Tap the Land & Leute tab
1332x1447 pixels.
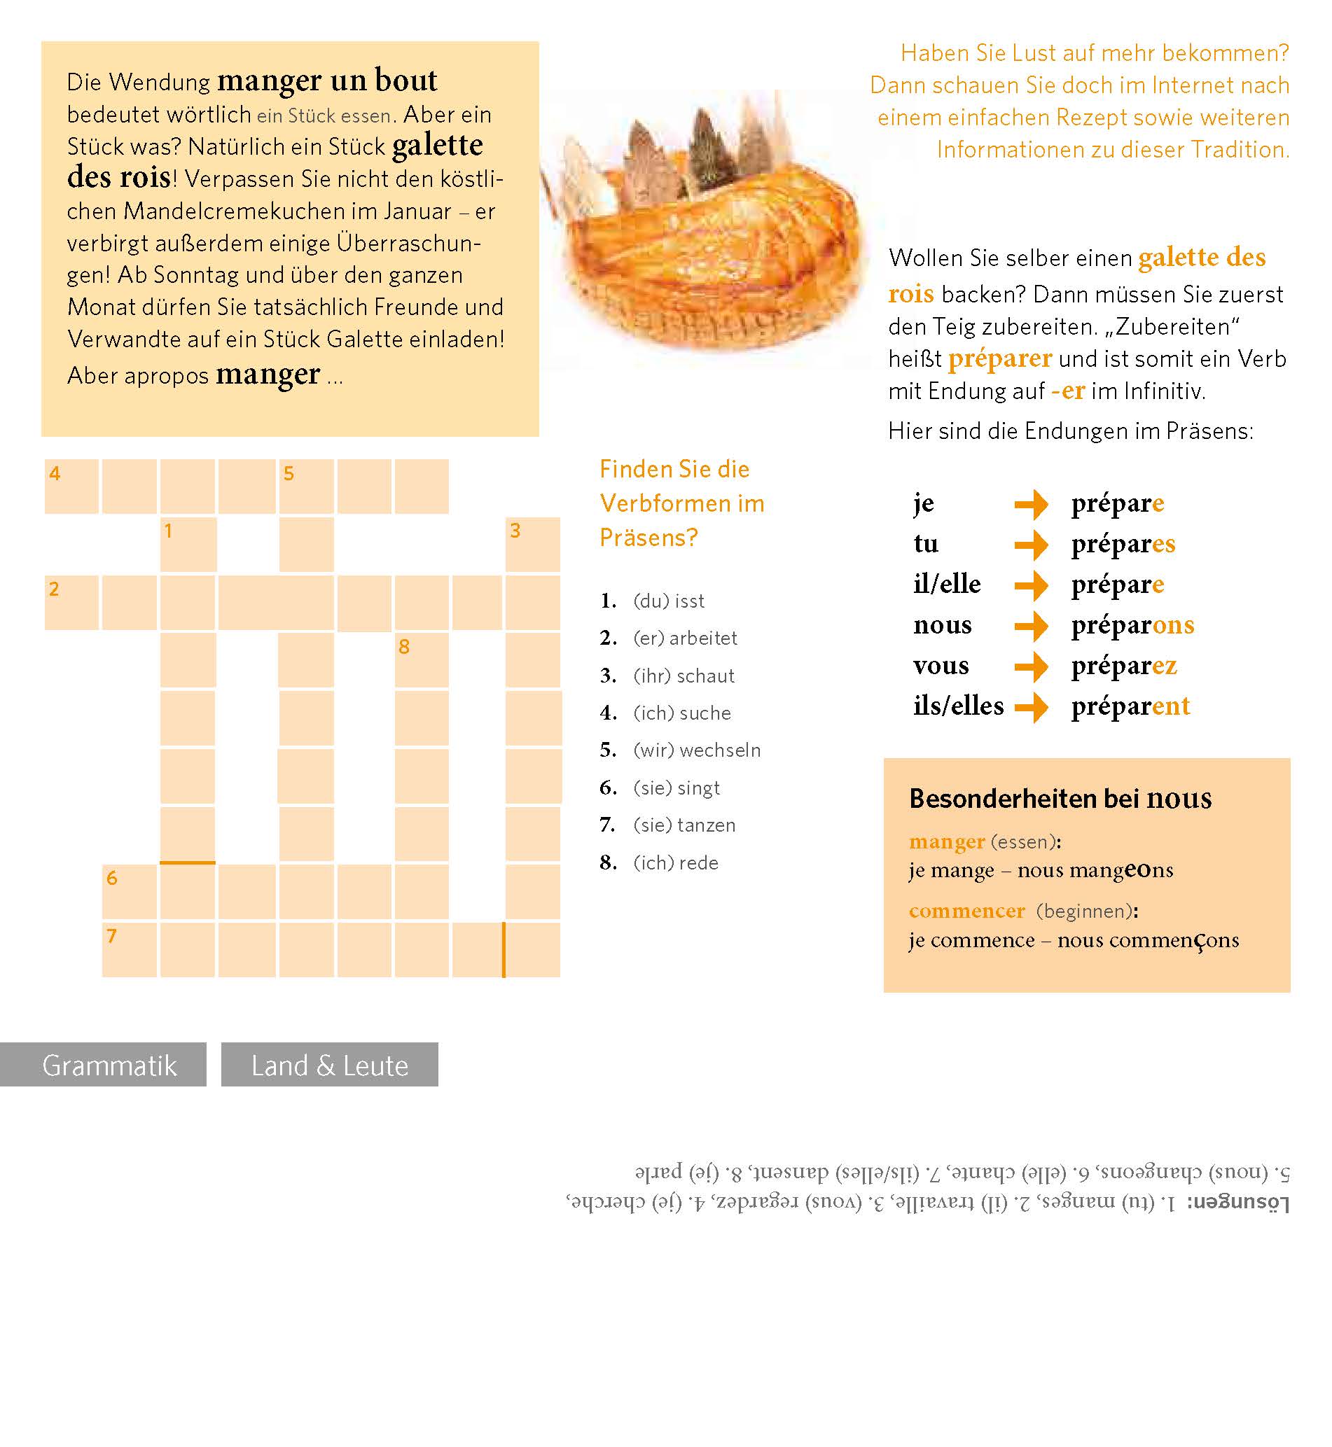(x=329, y=1064)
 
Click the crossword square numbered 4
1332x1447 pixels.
(x=71, y=487)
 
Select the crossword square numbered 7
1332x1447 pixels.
(x=130, y=950)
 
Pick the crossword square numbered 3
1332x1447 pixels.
(x=533, y=545)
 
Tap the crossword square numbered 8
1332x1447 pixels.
(x=422, y=660)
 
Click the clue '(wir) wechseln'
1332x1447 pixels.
(x=696, y=750)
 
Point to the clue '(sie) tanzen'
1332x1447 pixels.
(x=684, y=825)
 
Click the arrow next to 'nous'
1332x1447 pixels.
(x=1031, y=626)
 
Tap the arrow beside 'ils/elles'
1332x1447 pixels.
(x=1031, y=707)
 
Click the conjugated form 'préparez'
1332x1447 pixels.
(x=1124, y=666)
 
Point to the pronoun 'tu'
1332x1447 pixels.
(x=926, y=543)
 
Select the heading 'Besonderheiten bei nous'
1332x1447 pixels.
(x=1060, y=799)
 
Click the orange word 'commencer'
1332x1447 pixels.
(x=966, y=911)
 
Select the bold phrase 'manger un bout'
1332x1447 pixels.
(x=326, y=80)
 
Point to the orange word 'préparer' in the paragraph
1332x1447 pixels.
(x=1000, y=359)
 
